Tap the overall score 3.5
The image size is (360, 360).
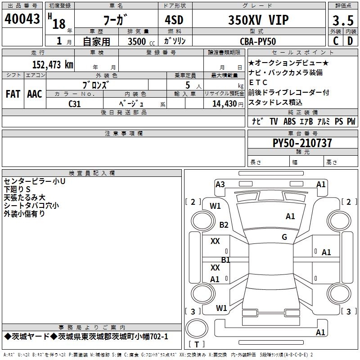click(x=342, y=21)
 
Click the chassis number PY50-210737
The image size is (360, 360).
click(x=302, y=143)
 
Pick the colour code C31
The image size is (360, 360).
click(x=75, y=103)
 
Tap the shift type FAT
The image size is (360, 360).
click(x=13, y=94)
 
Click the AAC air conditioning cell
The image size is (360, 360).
click(x=34, y=94)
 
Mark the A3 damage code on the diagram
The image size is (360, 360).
click(x=220, y=184)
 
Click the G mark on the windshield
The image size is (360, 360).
click(x=284, y=237)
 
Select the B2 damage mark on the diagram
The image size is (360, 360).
click(x=224, y=225)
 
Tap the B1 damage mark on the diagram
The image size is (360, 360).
click(x=225, y=260)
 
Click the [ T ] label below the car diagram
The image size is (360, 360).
click(x=196, y=344)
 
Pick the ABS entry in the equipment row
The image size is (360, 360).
click(x=289, y=121)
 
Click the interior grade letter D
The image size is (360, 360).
click(x=350, y=40)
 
